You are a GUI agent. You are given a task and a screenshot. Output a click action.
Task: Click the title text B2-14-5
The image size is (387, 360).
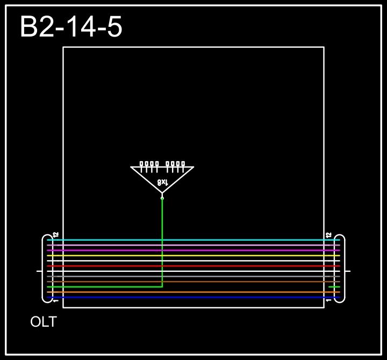pos(71,27)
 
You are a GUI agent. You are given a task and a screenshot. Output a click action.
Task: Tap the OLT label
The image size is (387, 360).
pos(44,322)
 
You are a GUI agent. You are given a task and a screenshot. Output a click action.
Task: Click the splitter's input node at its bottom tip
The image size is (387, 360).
pos(162,198)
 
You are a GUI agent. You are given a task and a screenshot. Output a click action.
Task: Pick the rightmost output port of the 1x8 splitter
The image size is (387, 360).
pos(183,164)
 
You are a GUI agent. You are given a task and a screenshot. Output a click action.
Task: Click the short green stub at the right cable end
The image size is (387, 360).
pos(334,287)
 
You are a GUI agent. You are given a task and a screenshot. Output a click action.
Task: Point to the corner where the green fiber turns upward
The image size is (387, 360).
pos(162,287)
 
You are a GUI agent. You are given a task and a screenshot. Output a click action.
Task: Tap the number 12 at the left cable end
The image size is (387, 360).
pos(55,235)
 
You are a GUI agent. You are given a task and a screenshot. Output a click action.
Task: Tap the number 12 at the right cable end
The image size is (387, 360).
pos(328,235)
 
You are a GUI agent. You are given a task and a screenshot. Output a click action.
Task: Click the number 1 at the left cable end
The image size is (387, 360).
pos(55,301)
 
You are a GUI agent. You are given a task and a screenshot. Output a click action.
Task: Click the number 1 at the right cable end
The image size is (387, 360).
pos(328,301)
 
